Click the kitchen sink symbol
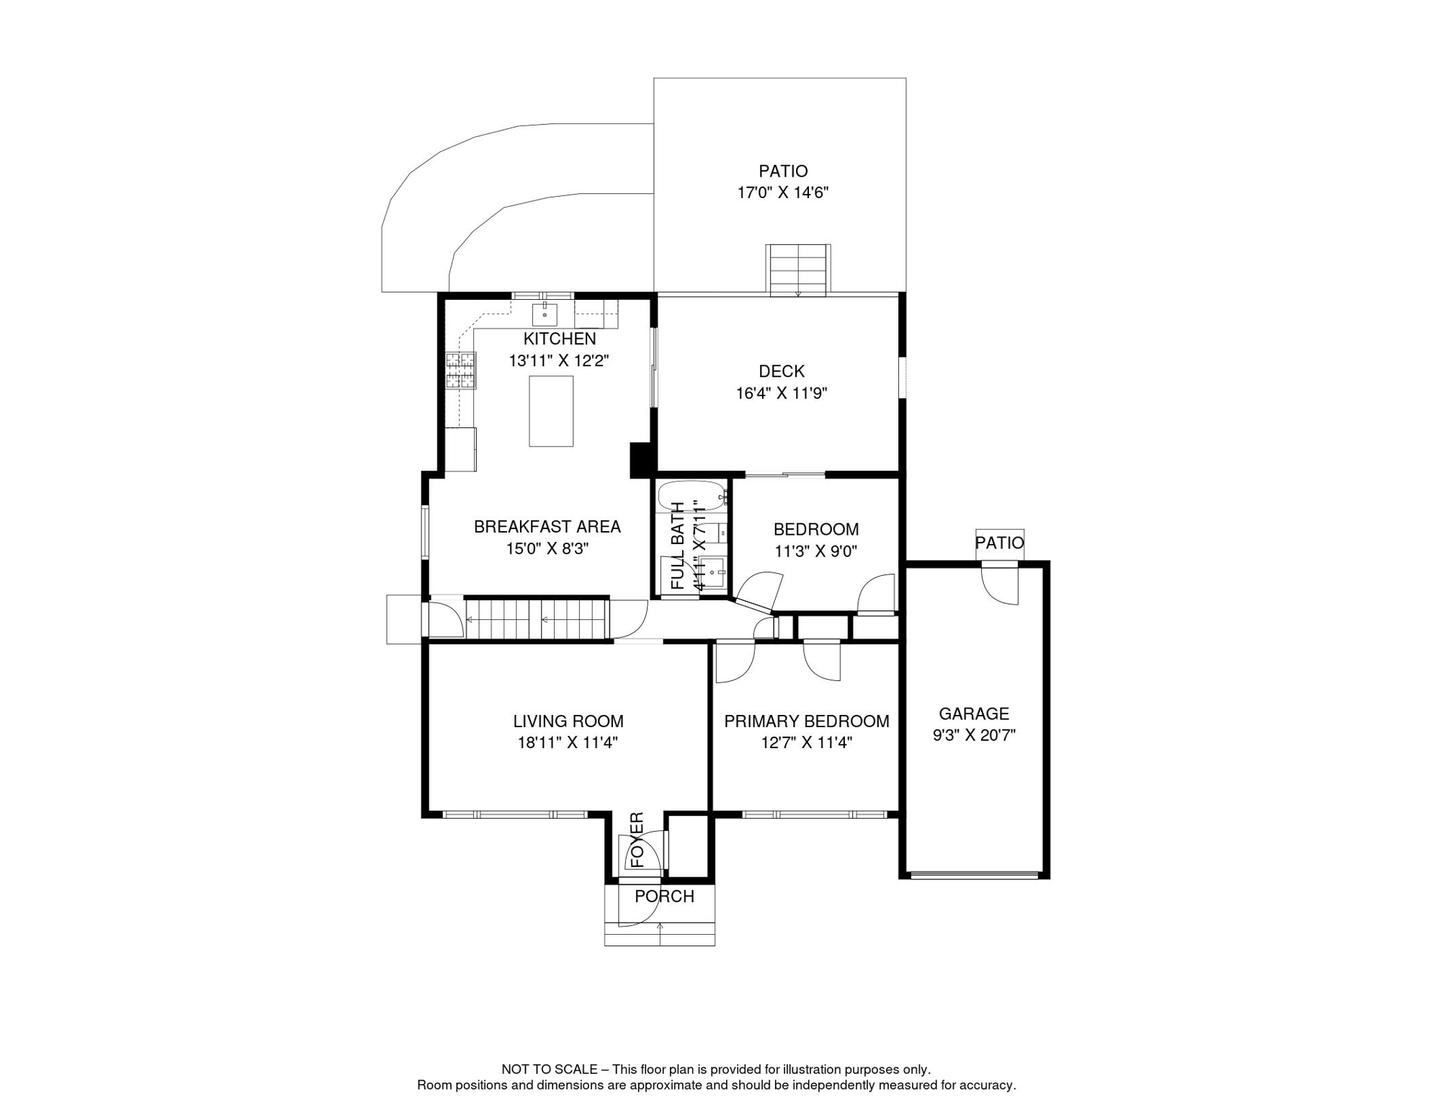point(545,314)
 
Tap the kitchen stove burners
point(461,370)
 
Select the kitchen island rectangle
point(552,412)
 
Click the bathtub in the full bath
point(692,496)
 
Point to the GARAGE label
point(975,713)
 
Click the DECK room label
point(782,371)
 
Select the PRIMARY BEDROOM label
point(807,721)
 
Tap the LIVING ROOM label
point(568,721)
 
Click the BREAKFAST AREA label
point(547,526)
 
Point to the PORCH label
point(665,896)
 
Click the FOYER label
point(637,840)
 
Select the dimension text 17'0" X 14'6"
point(783,192)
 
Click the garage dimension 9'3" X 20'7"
point(975,735)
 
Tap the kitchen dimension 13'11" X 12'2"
point(560,360)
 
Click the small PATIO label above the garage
point(1000,543)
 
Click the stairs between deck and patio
point(798,270)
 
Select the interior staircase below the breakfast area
point(537,619)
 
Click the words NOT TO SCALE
point(550,1070)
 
